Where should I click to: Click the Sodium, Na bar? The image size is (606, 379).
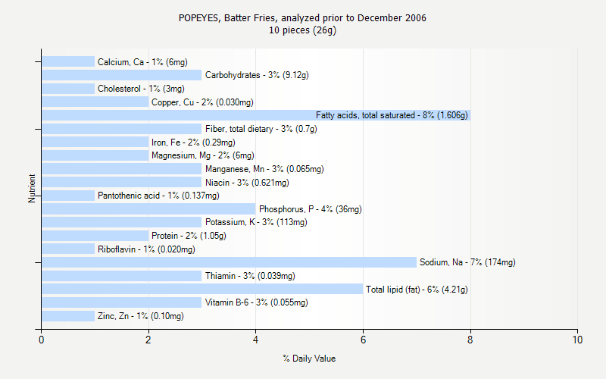coord(229,262)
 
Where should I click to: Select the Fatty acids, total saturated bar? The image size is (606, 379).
coord(256,115)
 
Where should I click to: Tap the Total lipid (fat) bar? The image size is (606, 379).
coord(202,289)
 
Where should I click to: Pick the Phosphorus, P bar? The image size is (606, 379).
coord(148,208)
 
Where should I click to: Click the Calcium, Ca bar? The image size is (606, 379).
coord(68,61)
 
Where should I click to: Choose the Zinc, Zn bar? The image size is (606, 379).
coord(68,316)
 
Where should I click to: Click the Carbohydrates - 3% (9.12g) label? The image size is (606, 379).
coord(257,75)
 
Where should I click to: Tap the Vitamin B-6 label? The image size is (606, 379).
coord(257,302)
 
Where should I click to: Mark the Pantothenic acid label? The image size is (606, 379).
coord(158,196)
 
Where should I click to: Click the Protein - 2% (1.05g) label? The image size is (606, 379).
coord(189,236)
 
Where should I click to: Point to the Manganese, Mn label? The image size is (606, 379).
coord(264,169)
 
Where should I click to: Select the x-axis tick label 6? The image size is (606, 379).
coord(364,340)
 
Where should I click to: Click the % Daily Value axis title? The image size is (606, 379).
coord(309,359)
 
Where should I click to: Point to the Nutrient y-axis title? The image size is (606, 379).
coord(33,188)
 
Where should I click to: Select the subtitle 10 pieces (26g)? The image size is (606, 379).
coord(303,30)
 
